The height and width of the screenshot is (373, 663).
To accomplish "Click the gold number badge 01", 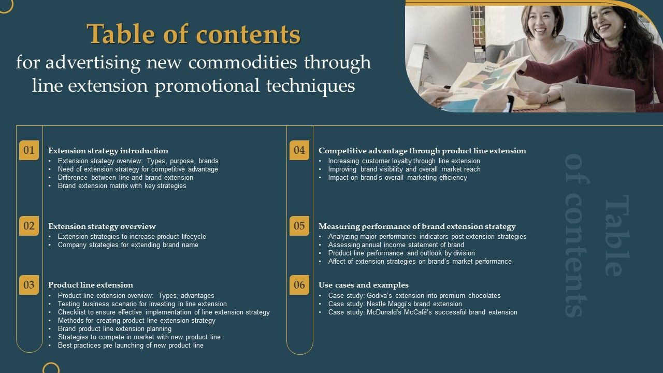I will pyautogui.click(x=29, y=150).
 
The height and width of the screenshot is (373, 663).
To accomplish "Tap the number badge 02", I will pyautogui.click(x=29, y=226).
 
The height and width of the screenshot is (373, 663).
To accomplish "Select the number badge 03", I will pyautogui.click(x=29, y=285).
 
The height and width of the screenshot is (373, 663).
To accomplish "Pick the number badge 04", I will pyautogui.click(x=299, y=150).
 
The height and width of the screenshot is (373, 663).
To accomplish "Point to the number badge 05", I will pyautogui.click(x=299, y=226).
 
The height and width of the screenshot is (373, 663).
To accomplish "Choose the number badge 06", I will pyautogui.click(x=299, y=285).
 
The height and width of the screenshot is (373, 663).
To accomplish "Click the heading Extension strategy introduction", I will pyautogui.click(x=108, y=151).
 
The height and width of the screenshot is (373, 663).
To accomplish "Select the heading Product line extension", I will pyautogui.click(x=91, y=285).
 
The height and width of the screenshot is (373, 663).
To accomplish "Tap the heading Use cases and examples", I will pyautogui.click(x=364, y=285).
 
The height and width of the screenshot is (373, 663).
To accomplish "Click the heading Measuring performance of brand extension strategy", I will pyautogui.click(x=417, y=226).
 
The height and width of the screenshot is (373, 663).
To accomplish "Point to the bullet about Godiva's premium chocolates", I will pyautogui.click(x=414, y=296).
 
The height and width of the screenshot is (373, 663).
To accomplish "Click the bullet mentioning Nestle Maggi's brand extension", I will pyautogui.click(x=395, y=304).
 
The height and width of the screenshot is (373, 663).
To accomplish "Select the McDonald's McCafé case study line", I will pyautogui.click(x=423, y=312).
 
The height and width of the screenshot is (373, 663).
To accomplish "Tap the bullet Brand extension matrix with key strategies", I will pyautogui.click(x=122, y=186).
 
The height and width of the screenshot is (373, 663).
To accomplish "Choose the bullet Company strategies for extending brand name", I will pyautogui.click(x=128, y=245).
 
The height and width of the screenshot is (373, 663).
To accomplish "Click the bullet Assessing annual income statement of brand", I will pyautogui.click(x=396, y=245).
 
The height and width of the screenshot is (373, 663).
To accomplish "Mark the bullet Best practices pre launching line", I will pyautogui.click(x=131, y=346).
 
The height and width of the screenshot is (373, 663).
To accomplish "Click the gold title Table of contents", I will pyautogui.click(x=194, y=35).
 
